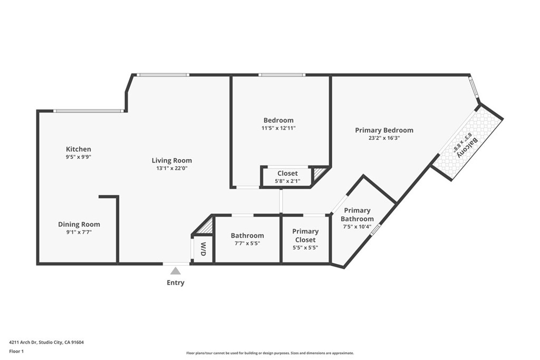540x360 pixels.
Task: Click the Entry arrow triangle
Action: click(176, 271)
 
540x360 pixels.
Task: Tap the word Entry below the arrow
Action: click(176, 283)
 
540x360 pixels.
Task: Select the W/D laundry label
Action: click(203, 249)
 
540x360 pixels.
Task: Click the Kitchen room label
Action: click(79, 149)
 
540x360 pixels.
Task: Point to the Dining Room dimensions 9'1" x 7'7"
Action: click(79, 232)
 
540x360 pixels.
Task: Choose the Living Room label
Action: click(172, 160)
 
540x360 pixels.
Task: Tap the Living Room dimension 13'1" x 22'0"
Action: click(172, 168)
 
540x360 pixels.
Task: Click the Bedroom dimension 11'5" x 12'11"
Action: click(278, 128)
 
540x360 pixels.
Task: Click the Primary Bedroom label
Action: click(384, 130)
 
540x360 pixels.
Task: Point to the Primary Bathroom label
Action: click(357, 215)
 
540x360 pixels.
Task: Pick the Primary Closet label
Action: click(305, 236)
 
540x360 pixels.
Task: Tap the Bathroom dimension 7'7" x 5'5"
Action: click(247, 244)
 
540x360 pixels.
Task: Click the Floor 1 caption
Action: click(16, 352)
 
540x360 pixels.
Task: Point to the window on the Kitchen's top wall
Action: click(89, 111)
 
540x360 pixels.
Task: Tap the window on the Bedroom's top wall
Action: click(282, 75)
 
